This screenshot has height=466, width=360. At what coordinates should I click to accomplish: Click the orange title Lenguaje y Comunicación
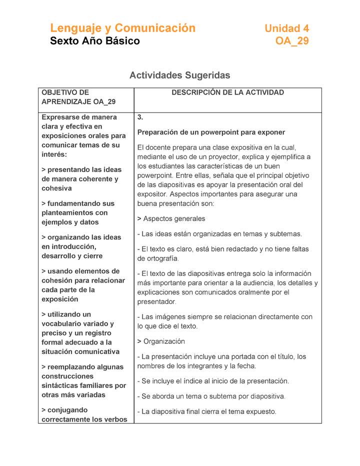122,28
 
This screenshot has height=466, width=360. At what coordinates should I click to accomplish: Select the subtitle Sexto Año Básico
95,41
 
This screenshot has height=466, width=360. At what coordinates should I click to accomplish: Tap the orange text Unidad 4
286,28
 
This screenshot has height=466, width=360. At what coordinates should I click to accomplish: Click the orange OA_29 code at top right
292,41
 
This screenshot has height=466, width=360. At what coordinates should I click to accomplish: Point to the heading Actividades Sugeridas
179,75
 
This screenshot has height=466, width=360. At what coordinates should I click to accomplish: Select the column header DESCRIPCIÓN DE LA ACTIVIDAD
227,92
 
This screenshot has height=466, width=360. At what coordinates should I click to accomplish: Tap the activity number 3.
140,117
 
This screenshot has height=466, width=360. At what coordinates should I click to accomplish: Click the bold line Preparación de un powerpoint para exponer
211,132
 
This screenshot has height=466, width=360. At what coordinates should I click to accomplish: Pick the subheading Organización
164,341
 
